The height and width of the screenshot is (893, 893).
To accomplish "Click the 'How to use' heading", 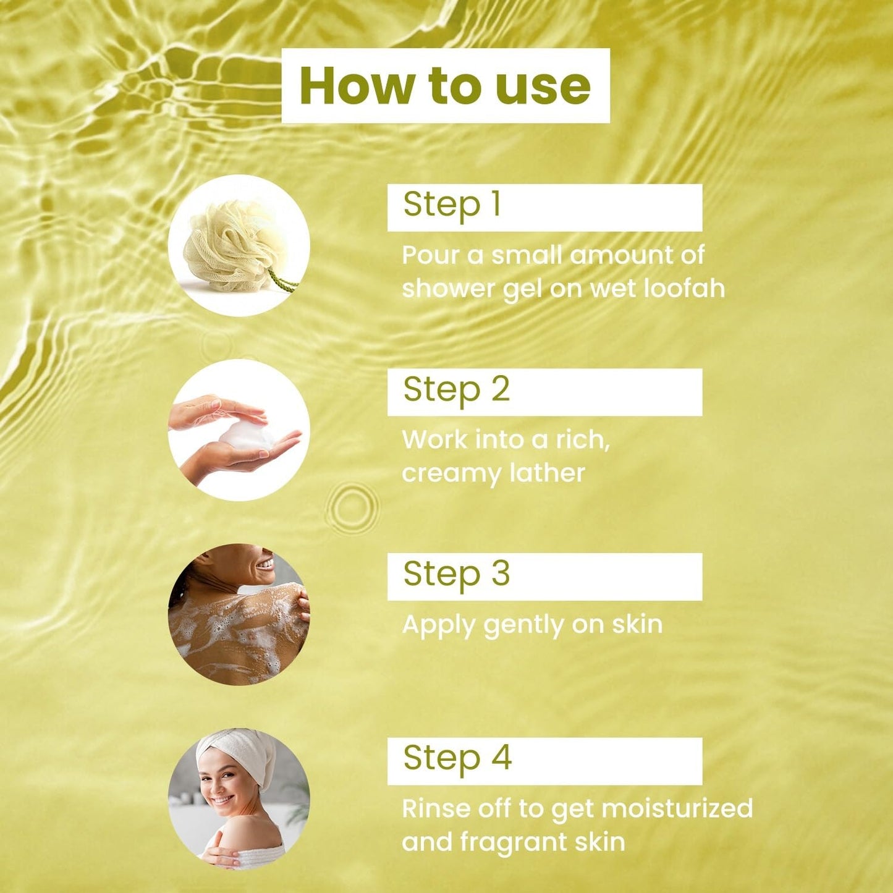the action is pyautogui.click(x=445, y=86).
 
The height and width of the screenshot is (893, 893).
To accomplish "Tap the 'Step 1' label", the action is pyautogui.click(x=452, y=205).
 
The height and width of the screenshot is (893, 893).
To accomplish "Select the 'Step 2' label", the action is pyautogui.click(x=457, y=389).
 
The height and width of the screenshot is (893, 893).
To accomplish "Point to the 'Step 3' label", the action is pyautogui.click(x=457, y=573).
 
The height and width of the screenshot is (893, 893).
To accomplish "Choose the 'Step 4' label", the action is pyautogui.click(x=457, y=758).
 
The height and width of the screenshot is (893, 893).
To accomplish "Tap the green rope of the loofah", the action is pyautogui.click(x=282, y=281).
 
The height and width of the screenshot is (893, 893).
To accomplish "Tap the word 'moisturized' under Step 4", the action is pyautogui.click(x=677, y=809).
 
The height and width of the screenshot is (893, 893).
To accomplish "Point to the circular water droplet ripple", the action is pyautogui.click(x=352, y=507).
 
